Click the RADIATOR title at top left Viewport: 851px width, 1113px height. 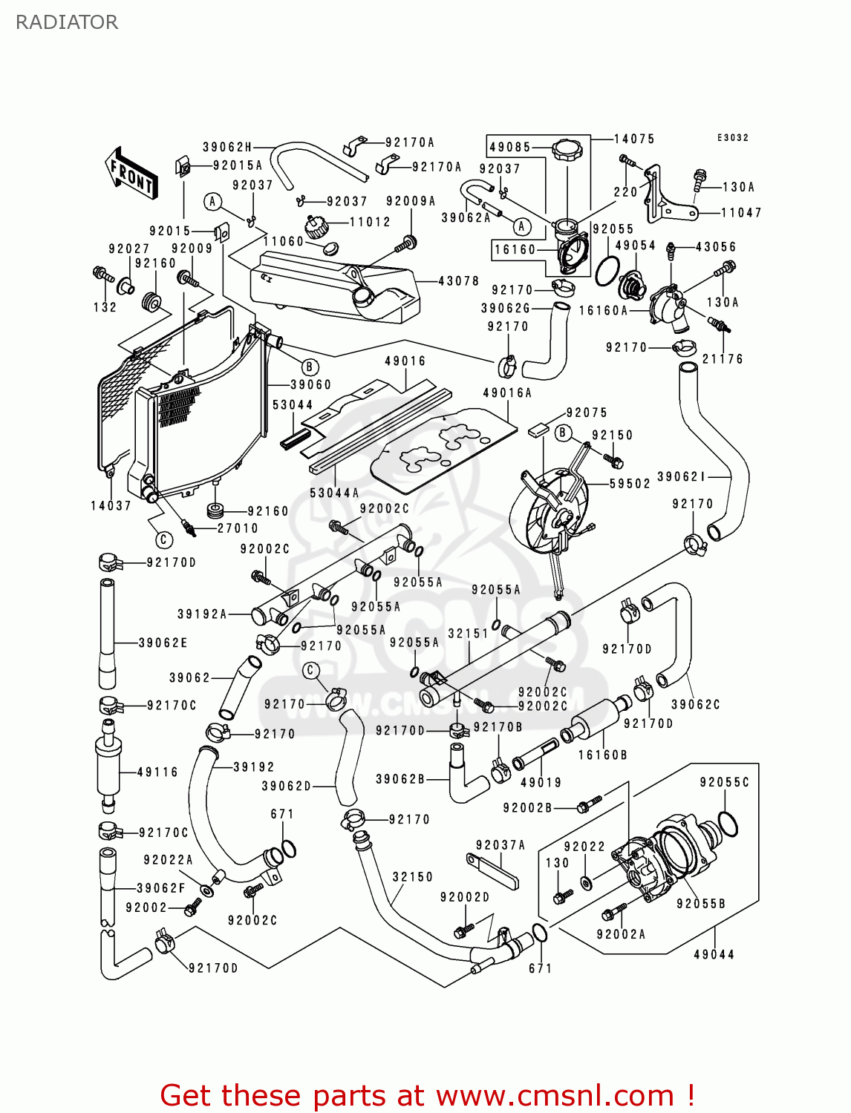tap(67, 22)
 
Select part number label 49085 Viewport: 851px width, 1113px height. tap(510, 147)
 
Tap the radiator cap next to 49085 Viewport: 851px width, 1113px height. tap(568, 151)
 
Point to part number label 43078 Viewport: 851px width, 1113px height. tap(458, 281)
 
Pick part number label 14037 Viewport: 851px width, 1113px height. tap(111, 505)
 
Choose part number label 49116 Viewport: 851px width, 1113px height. tap(157, 772)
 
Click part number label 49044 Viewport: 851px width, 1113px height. tap(714, 954)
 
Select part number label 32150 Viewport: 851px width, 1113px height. tap(412, 876)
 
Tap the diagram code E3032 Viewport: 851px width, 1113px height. tap(732, 138)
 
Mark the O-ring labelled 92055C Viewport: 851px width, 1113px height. tap(728, 823)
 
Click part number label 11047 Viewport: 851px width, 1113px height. tap(741, 213)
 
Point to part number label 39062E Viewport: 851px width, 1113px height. tap(163, 643)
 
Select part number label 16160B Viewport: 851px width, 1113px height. tap(602, 755)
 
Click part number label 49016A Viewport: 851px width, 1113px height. tap(507, 393)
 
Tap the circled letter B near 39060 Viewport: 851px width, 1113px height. tap(310, 367)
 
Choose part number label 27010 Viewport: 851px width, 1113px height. tap(238, 528)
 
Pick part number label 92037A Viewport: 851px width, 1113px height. tap(500, 844)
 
